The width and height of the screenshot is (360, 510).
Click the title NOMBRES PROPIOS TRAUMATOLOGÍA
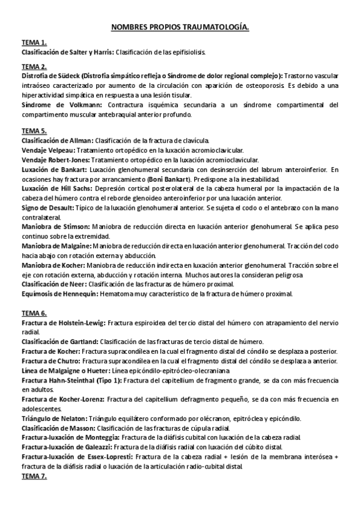tap(180, 27)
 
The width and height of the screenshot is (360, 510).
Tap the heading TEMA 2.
tap(34, 66)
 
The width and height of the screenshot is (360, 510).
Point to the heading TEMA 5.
tap(34, 131)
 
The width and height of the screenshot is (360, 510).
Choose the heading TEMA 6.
tap(34, 313)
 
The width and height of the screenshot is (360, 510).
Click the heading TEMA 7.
tap(34, 476)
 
